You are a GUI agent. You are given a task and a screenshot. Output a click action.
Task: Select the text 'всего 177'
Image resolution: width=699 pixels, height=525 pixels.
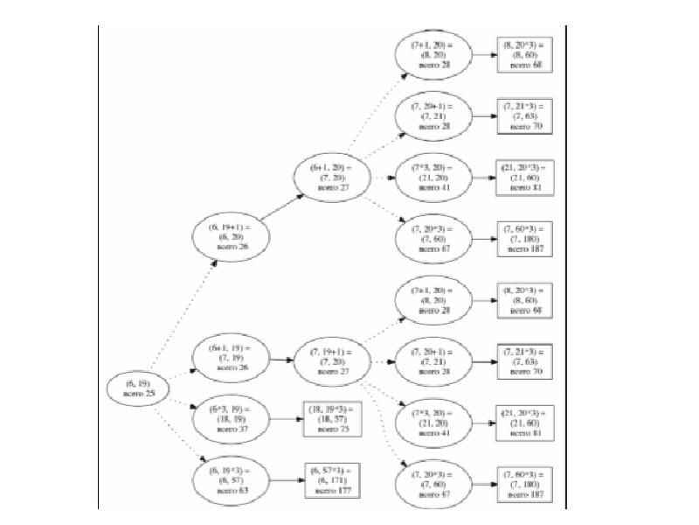coord(332,491)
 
